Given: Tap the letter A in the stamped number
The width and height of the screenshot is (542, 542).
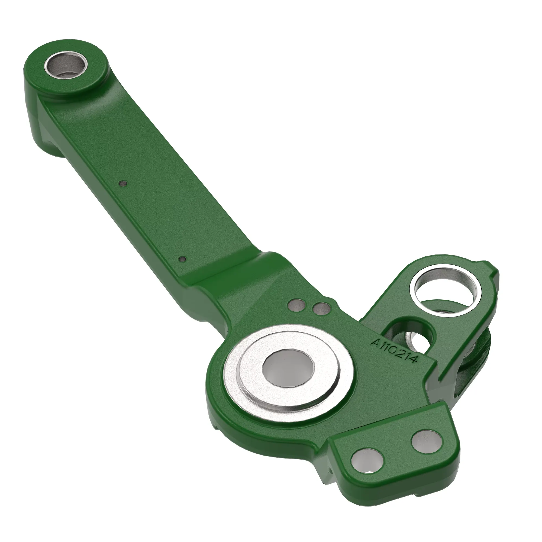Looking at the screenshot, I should click(375, 343).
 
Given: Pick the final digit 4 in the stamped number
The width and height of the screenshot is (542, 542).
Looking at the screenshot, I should click(415, 361).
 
